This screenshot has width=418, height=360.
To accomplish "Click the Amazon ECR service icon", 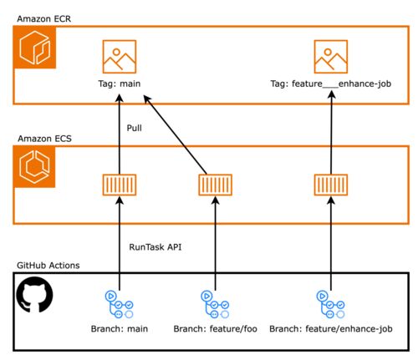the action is pos(34,48).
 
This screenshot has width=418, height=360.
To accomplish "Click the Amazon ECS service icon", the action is pos(34,167).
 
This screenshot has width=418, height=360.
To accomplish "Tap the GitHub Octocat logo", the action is pos(34,295).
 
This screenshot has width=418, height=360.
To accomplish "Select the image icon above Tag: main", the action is pos(120,57).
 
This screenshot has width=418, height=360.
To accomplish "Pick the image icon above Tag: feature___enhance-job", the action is pos(331,57).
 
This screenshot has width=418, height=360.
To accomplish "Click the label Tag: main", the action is pos(120,84).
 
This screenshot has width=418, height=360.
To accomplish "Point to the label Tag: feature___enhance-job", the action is pos(331,84).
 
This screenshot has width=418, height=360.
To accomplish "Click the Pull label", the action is pos(134,128).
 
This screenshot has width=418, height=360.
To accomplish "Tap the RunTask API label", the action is pos(155,247).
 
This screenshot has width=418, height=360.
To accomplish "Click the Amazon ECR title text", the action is pos(44,18).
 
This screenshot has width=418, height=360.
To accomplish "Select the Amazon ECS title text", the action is pos(44,139).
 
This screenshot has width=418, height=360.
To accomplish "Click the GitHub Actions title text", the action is pos(48,266).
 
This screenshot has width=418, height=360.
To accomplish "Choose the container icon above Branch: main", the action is pos(120,185).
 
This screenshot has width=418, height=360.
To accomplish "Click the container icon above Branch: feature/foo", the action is pos(216,185).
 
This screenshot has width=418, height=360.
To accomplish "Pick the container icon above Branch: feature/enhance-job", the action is pos(331,185).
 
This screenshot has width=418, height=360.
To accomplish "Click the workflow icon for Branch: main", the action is pos(119,305).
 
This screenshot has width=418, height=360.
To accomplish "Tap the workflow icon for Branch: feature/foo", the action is pos(215,305).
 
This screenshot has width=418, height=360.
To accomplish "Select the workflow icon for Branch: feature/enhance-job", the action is pos(330,305).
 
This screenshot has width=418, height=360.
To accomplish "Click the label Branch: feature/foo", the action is pos(215,329).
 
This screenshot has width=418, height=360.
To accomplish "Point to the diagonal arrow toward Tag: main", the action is pos(175,134).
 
